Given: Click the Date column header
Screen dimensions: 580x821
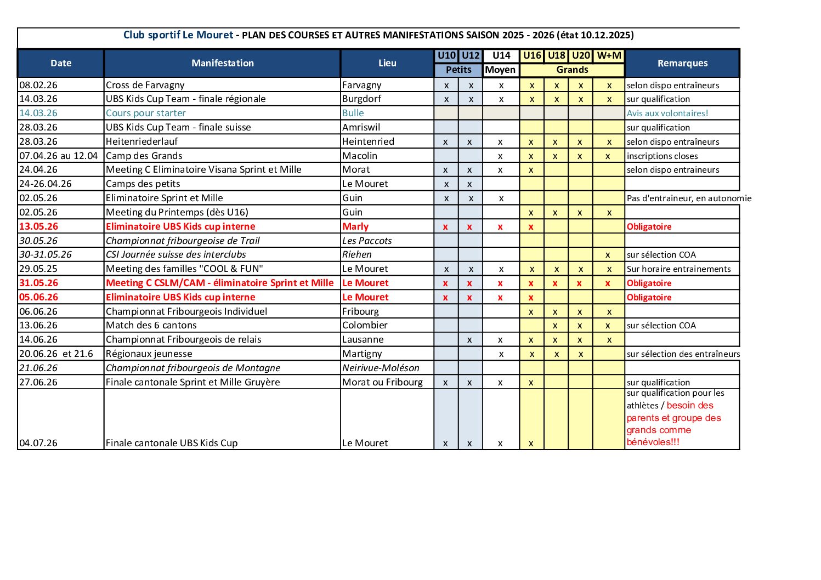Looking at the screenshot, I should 61,63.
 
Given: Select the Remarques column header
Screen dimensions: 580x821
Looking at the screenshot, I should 682,63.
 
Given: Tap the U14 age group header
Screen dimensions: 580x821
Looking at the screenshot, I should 501,55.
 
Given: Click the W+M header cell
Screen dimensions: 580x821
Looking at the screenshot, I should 609,55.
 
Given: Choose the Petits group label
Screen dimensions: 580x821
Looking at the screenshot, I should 458,70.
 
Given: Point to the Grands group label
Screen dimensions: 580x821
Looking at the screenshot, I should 572,70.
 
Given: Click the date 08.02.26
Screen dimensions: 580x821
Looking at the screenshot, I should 38,85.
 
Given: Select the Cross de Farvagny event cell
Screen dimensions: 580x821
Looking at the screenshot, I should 145,85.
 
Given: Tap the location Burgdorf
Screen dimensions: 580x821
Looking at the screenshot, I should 361,99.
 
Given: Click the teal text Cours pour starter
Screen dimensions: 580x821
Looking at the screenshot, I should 146,113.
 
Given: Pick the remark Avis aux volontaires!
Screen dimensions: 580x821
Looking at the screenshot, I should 667,113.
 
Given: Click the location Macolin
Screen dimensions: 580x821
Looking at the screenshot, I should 360,156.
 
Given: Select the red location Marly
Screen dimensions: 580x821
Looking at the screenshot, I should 355,226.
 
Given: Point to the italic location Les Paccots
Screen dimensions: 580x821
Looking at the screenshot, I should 367,241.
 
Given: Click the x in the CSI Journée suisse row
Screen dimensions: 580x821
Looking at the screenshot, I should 608,255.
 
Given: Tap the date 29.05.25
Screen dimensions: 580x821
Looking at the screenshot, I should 38,269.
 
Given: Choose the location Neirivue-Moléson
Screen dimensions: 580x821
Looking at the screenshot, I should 381,368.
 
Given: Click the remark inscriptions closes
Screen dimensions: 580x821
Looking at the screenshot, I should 662,156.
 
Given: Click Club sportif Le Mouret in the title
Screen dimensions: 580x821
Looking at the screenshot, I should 178,35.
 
